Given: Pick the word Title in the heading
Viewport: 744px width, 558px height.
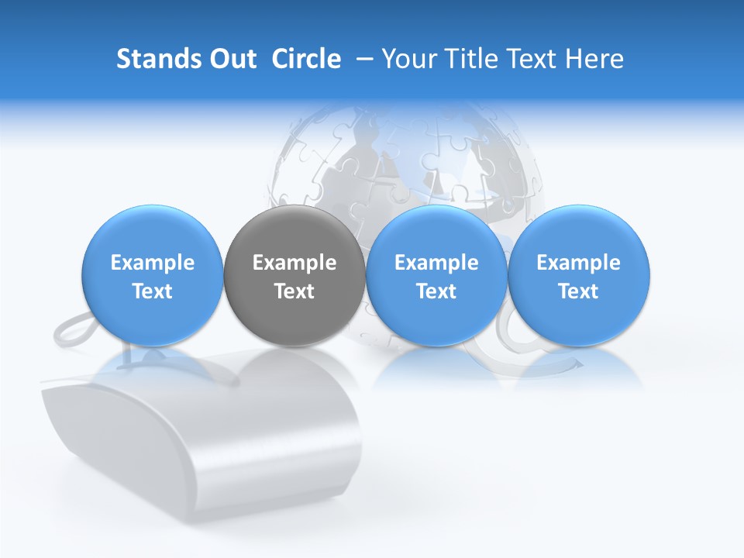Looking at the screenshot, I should tap(468, 59).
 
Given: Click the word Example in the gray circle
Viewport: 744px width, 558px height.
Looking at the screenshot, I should tap(294, 263).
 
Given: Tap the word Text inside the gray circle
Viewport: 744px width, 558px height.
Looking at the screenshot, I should tap(294, 291).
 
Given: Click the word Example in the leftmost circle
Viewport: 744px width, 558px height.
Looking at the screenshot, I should tap(153, 263).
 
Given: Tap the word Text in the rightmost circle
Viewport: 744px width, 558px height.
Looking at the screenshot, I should tap(578, 291).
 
